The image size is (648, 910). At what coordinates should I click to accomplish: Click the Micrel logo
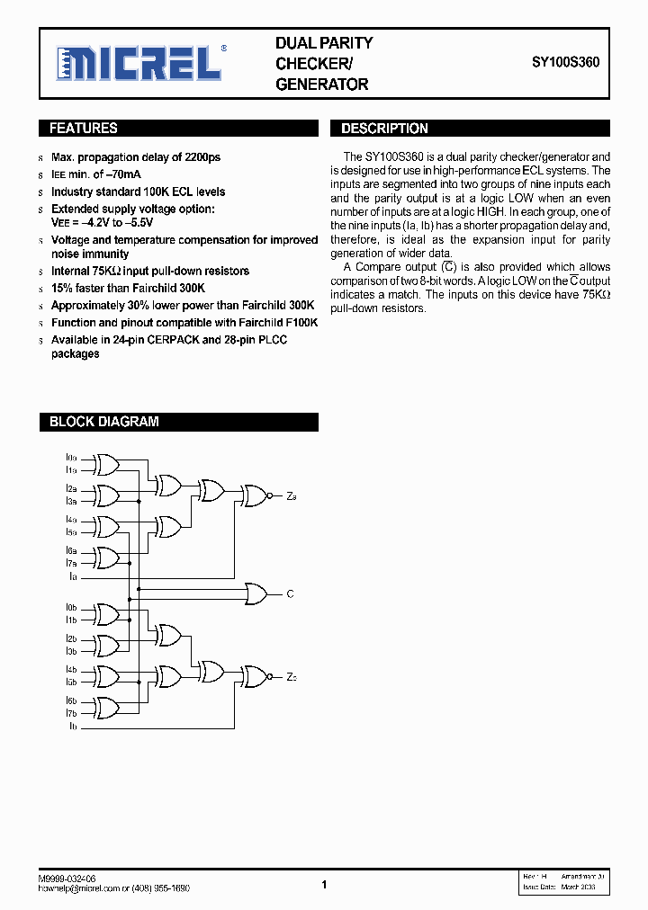coord(139,63)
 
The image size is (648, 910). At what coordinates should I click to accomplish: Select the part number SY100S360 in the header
coord(565,63)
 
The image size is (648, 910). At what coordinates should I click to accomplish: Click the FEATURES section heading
coord(84,129)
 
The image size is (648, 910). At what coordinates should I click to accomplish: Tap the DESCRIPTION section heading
coord(384,129)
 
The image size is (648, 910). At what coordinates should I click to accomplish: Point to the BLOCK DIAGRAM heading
coord(103,422)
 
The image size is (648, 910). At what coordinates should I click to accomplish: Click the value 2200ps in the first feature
coord(202,157)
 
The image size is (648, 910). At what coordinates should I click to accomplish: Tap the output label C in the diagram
coord(290,594)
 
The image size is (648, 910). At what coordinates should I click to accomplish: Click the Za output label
coord(292,496)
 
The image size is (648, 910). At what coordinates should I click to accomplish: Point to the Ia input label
coord(72,575)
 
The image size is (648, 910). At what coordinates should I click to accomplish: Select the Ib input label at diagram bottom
coord(72,726)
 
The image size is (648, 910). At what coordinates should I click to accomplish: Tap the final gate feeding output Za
coord(253,495)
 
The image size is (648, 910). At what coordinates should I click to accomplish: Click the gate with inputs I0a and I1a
coord(105,464)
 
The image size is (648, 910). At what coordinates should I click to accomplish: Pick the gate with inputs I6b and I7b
coord(105,707)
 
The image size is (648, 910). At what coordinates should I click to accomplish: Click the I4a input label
coord(71,520)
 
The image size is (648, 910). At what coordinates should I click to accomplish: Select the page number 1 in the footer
coord(324,885)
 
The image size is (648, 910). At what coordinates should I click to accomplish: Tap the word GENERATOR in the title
coord(321,85)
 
